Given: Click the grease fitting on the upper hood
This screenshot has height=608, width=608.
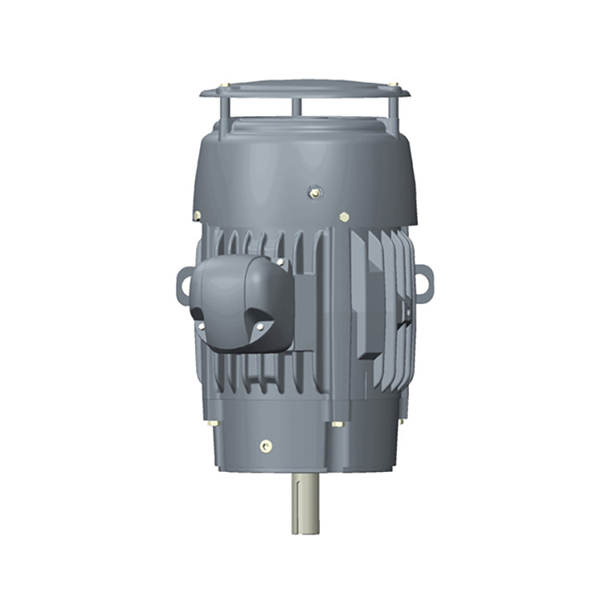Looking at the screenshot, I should pyautogui.click(x=314, y=191).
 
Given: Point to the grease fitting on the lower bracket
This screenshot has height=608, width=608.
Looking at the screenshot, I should pyautogui.click(x=266, y=446).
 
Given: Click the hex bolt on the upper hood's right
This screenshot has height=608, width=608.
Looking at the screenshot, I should pyautogui.click(x=344, y=217).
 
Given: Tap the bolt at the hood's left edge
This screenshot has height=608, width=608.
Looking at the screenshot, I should pyautogui.click(x=197, y=215).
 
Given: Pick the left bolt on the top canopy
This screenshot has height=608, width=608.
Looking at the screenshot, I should pyautogui.click(x=230, y=86).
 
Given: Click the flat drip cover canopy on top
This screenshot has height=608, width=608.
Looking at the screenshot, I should pyautogui.click(x=305, y=88).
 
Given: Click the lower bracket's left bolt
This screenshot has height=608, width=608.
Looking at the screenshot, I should pyautogui.click(x=212, y=422).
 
